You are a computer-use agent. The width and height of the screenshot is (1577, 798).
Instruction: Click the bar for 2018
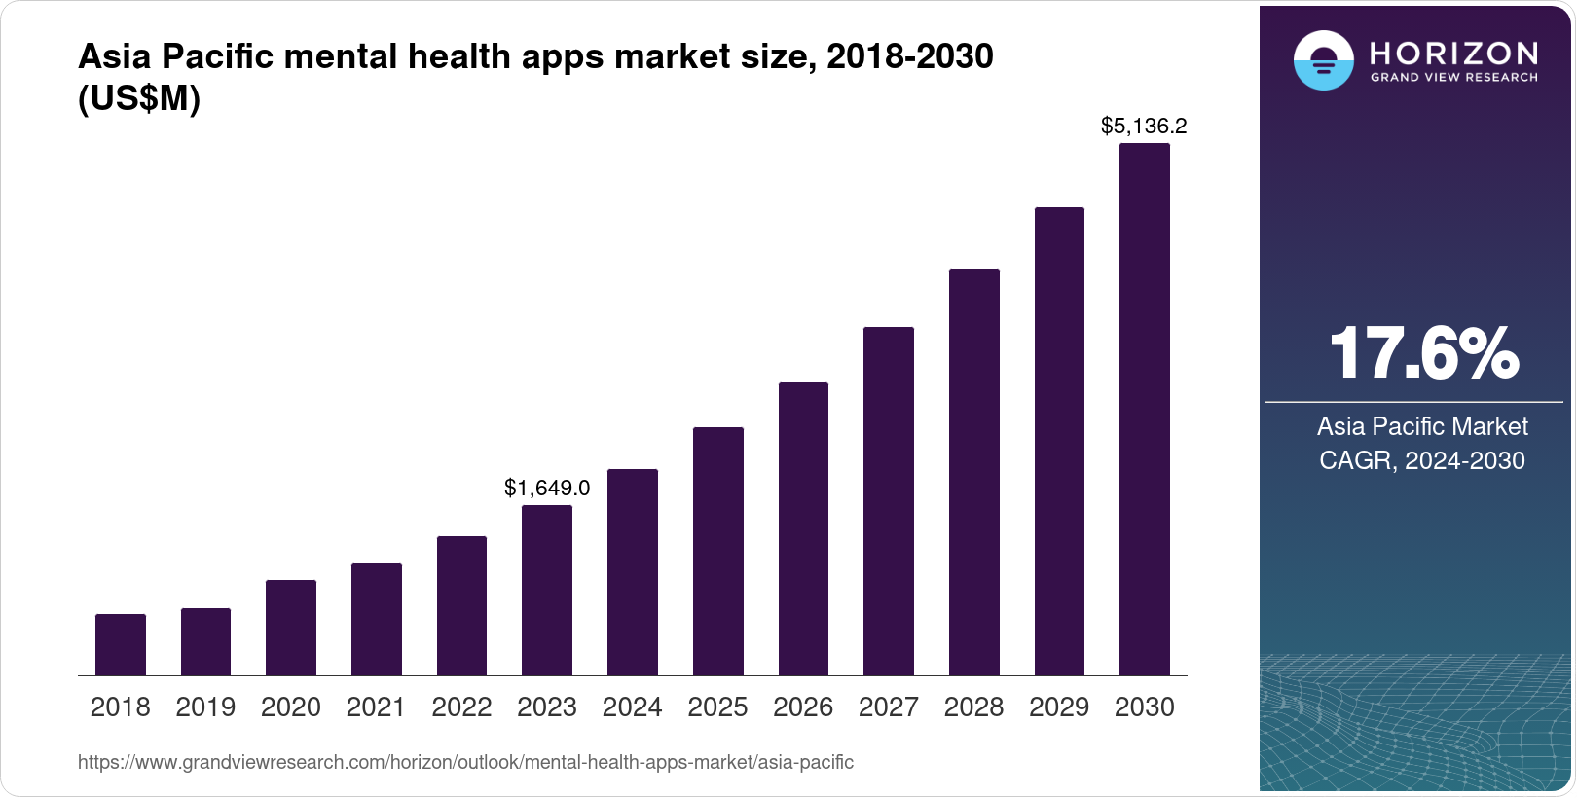tap(121, 644)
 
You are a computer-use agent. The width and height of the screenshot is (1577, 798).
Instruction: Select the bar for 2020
tap(291, 628)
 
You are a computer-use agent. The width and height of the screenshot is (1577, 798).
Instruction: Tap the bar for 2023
tap(547, 590)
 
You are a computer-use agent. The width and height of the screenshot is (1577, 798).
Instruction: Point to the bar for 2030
tap(1145, 409)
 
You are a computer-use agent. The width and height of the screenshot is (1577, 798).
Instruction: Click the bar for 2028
tap(974, 472)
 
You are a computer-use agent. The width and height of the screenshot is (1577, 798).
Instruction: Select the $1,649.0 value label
tap(547, 488)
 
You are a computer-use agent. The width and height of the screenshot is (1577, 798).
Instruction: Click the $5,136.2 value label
tap(1144, 126)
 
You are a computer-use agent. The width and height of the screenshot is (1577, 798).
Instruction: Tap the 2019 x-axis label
tap(205, 707)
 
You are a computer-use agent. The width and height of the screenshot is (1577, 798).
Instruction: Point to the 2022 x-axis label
tap(461, 707)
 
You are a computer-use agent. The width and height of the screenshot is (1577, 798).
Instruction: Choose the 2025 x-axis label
tap(717, 707)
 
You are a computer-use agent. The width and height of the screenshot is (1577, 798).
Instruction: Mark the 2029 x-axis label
tap(1059, 707)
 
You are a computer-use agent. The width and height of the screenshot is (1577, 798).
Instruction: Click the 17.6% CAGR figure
tap(1422, 353)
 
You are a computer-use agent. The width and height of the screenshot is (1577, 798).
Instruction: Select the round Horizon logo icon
tap(1323, 60)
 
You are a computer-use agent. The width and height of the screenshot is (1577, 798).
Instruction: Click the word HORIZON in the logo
tap(1453, 53)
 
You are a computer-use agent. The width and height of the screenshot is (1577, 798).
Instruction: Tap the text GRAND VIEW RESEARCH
tap(1453, 78)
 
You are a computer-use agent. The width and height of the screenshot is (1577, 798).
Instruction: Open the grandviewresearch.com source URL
tap(465, 762)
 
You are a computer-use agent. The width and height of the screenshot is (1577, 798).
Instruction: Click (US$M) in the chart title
tap(139, 99)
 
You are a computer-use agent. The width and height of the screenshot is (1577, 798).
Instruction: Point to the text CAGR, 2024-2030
tap(1422, 460)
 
